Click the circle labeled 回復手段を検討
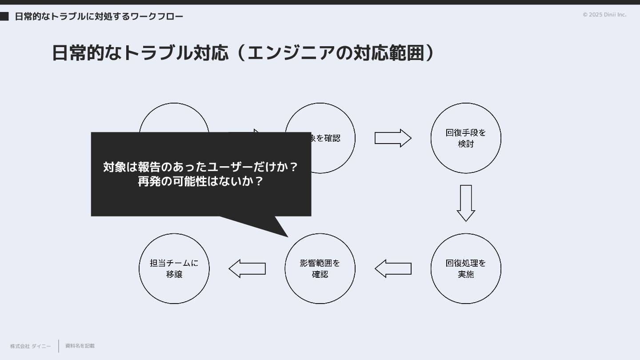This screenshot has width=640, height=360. (466, 138)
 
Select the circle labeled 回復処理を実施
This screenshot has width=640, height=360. (466, 268)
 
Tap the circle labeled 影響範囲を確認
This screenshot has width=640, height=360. (320, 268)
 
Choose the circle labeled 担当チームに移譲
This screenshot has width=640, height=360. (174, 268)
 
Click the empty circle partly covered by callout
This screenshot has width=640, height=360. (174, 117)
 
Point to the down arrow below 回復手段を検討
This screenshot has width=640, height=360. (466, 203)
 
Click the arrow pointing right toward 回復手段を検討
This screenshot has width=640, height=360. (393, 138)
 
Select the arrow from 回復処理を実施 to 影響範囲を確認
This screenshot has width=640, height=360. (393, 268)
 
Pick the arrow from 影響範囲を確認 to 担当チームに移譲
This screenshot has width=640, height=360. (247, 268)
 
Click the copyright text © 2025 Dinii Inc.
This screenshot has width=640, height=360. (604, 15)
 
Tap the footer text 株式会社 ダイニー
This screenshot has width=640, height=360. (30, 346)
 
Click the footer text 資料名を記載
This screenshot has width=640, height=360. (80, 346)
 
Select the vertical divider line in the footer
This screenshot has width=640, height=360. (59, 346)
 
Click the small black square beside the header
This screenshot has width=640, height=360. (4, 16)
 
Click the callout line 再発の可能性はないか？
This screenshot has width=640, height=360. (201, 181)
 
